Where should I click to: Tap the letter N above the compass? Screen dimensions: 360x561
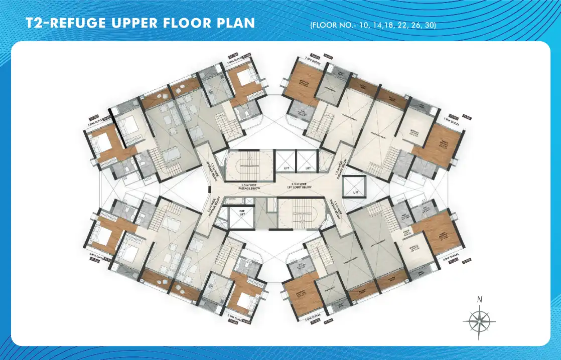coord(480,300)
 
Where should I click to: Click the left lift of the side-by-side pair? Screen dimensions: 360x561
coord(286,161)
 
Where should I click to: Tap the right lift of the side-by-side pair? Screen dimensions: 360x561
coord(307,161)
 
